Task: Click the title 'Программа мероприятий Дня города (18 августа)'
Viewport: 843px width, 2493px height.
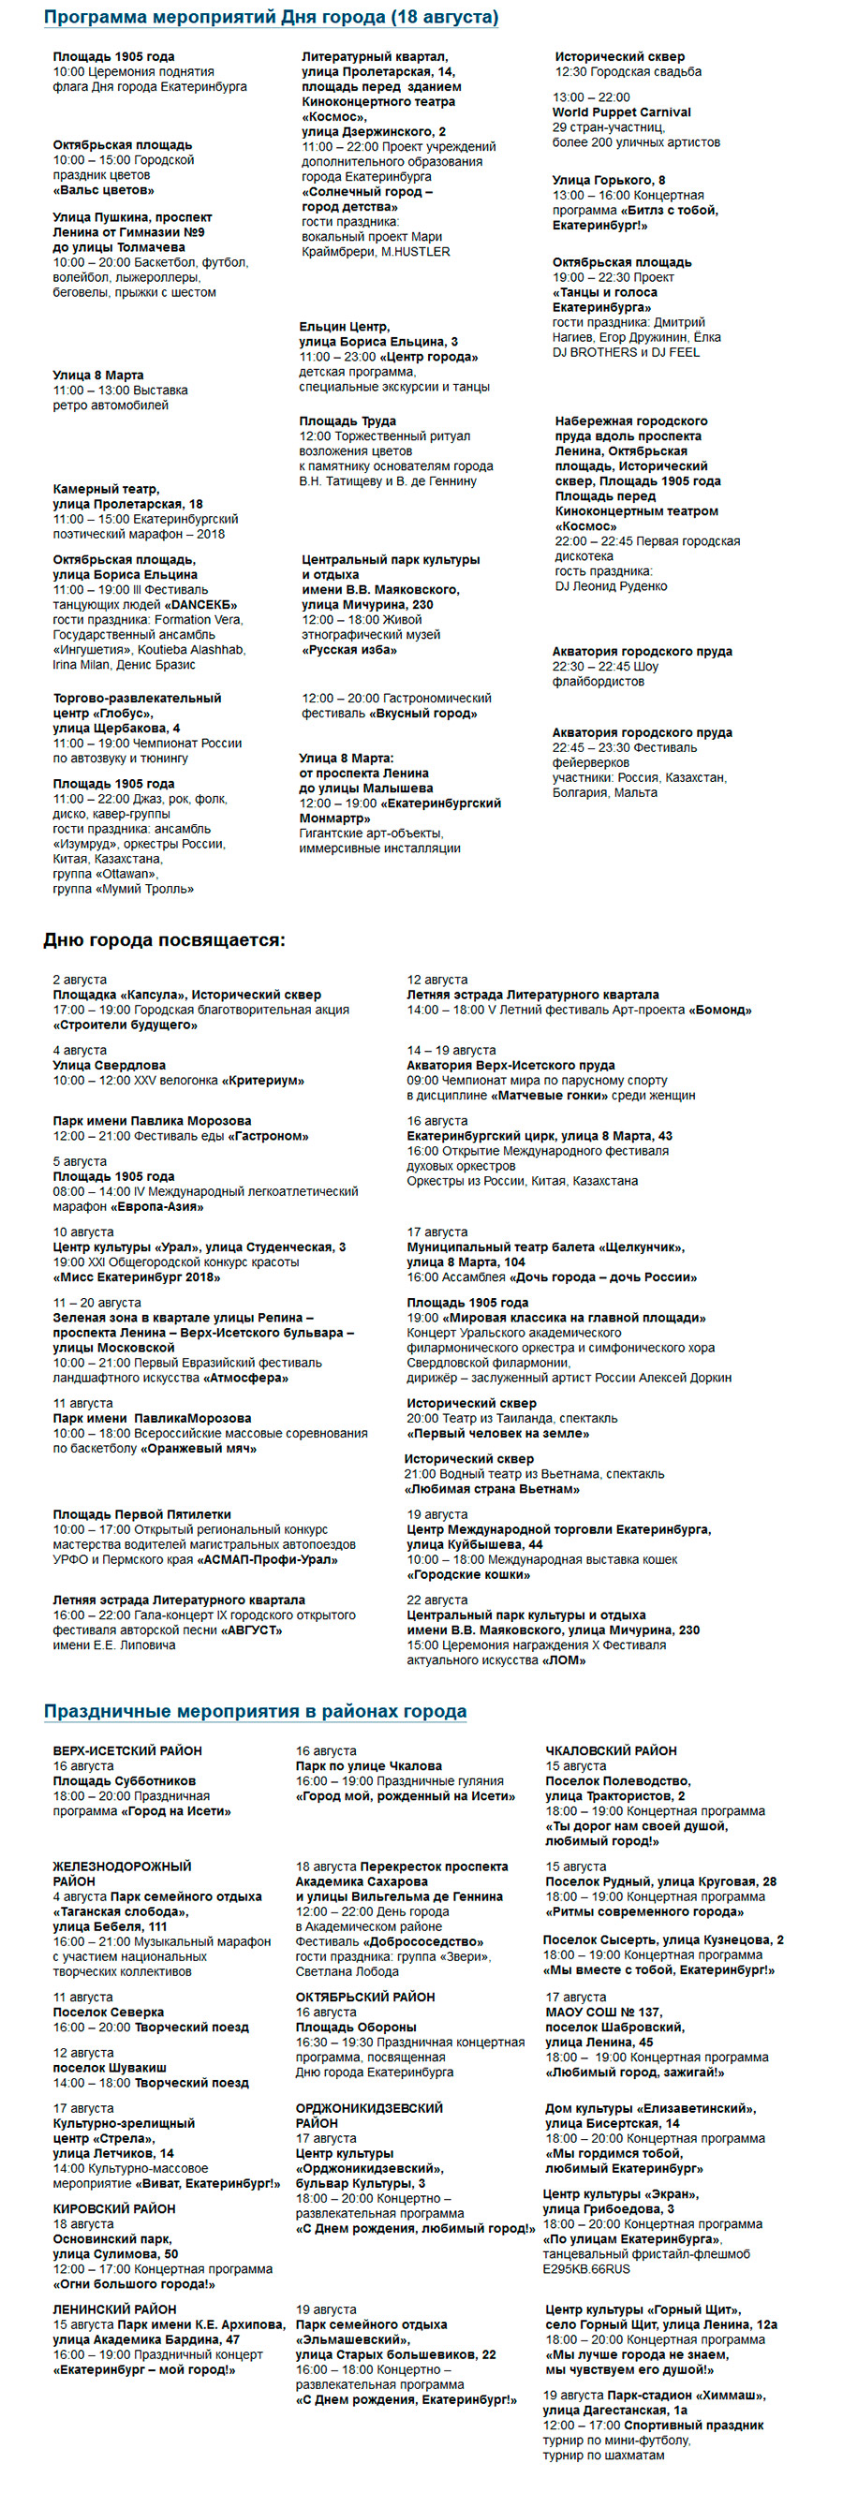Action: coord(271,18)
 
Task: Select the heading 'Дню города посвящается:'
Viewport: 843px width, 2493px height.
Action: coord(164,939)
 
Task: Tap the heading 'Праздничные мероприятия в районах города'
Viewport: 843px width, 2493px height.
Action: coord(255,1711)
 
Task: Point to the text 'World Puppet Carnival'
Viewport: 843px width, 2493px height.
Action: coord(621,112)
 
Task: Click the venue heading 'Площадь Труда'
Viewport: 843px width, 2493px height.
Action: coord(348,421)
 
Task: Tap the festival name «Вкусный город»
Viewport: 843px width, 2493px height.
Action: coord(423,714)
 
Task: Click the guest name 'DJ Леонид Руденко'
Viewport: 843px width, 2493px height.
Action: coord(611,585)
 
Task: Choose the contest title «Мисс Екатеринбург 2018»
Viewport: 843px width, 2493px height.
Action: coord(137,1277)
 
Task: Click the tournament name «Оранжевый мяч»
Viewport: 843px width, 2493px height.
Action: coord(200,1449)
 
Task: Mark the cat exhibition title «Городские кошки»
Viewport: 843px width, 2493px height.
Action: coord(468,1574)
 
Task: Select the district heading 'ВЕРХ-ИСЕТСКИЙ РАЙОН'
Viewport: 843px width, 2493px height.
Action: coord(127,1750)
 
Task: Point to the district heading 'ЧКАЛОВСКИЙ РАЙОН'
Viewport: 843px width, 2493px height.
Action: coord(611,1750)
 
